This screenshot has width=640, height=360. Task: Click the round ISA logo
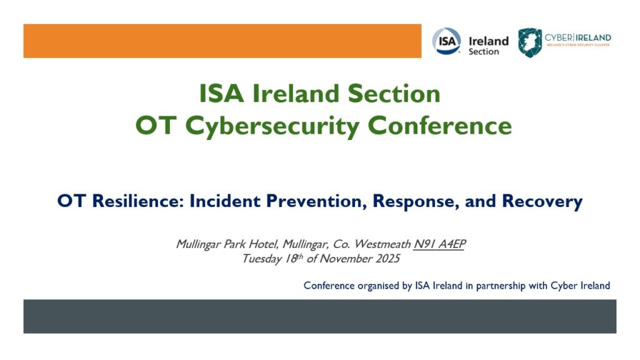click(x=446, y=41)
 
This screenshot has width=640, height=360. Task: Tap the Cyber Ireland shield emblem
click(x=530, y=42)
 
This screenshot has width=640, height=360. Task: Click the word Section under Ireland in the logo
click(x=484, y=52)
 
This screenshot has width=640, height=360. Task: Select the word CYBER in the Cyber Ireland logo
click(x=558, y=37)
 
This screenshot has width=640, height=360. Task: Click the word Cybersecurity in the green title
click(x=272, y=126)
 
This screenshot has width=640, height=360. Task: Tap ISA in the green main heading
click(x=221, y=94)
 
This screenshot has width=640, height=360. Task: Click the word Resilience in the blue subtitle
click(x=138, y=201)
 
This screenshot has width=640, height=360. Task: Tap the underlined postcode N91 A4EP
click(x=439, y=244)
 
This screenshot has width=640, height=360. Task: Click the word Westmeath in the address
click(x=382, y=244)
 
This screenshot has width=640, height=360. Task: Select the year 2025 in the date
click(x=387, y=259)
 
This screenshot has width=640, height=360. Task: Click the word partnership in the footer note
click(x=501, y=286)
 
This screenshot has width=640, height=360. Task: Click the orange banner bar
click(x=222, y=41)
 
